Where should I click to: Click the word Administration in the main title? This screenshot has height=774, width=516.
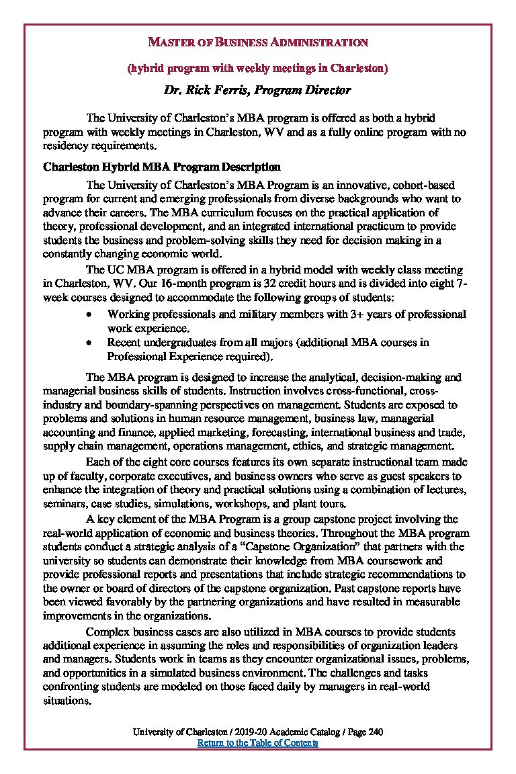pos(319,42)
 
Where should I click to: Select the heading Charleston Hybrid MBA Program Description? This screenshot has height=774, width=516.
pos(161,167)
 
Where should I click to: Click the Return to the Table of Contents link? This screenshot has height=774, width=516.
pos(257,743)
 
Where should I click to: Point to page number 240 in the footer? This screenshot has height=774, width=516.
pos(376,732)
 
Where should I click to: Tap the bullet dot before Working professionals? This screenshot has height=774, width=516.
pos(88,314)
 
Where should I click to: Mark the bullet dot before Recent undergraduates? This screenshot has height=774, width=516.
pos(88,343)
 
